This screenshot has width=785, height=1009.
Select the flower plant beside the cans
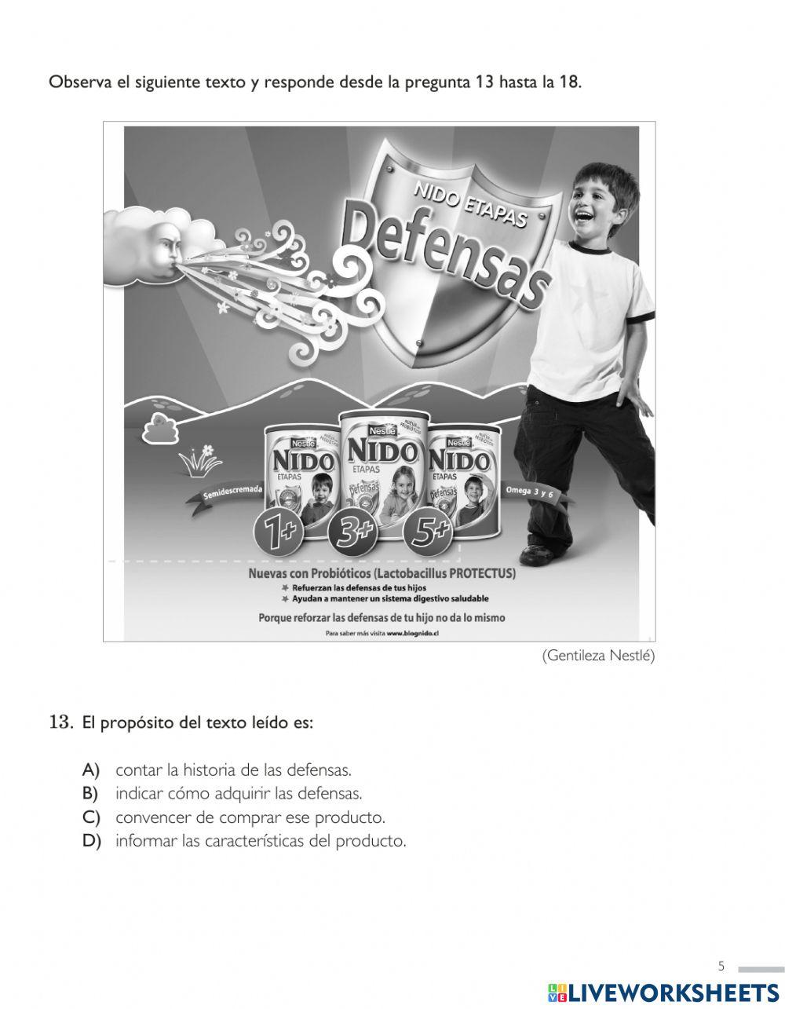coord(200,461)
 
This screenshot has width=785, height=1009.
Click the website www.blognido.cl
coord(412,634)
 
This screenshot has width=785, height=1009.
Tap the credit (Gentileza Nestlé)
coord(598,656)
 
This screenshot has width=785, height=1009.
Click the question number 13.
coord(60,722)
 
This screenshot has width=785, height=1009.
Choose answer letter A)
coord(91,770)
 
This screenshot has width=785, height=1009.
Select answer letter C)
coord(91,817)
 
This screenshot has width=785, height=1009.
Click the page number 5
coord(721,966)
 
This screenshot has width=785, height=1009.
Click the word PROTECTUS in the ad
coord(483,574)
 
